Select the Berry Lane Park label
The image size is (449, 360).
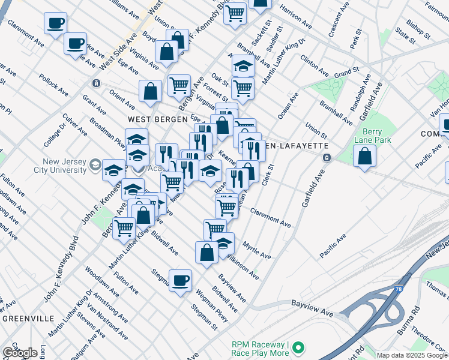tap(376, 136)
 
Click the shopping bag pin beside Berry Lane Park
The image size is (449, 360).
tap(365, 157)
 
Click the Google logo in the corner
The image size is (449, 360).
tap(20, 353)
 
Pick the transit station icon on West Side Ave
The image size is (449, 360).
tap(95, 83)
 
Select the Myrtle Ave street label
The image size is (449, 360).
tap(256, 250)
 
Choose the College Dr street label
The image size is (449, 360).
tap(52, 133)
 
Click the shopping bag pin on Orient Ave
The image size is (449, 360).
tap(151, 92)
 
